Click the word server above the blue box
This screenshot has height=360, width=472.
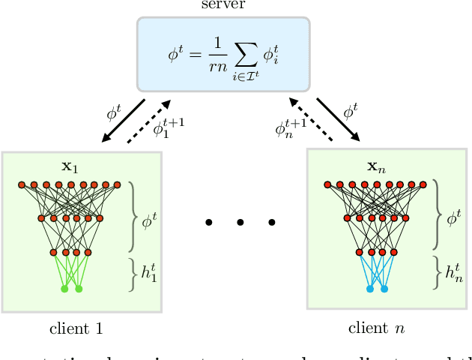pos(223,6)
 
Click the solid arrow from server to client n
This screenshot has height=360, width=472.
pos(337,118)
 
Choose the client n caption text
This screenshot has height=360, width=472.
pos(378,328)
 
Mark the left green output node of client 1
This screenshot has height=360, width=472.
pos(64,289)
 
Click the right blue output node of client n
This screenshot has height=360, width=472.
pos(384,289)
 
